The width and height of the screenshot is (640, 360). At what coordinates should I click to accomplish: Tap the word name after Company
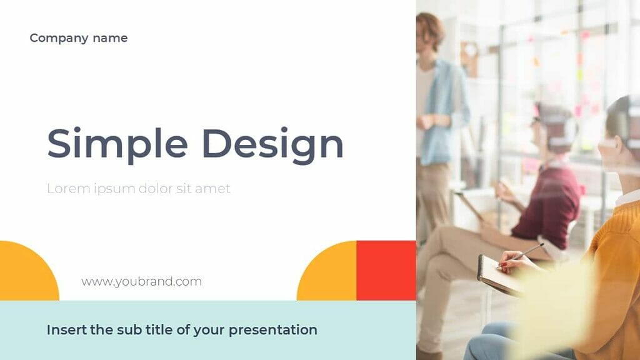110,38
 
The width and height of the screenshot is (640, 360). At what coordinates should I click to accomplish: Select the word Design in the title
272,144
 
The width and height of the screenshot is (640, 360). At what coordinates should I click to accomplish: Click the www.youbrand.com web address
141,281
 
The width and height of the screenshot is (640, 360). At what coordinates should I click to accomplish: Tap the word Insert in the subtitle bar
66,329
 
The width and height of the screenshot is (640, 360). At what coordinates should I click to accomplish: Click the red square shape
386,270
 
